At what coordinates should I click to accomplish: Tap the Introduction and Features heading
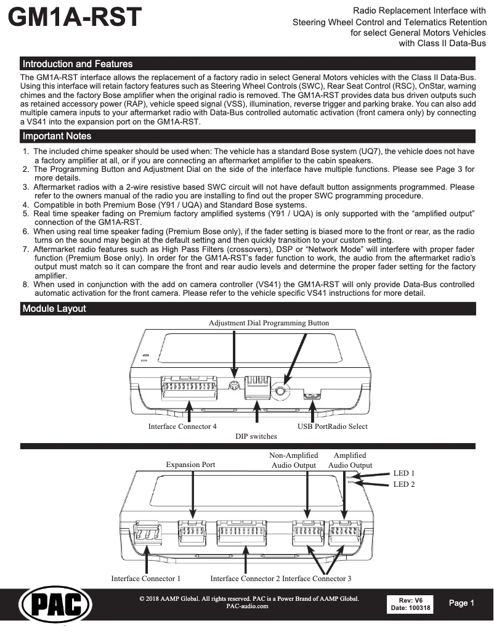point(77,64)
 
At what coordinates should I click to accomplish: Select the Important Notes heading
point(57,136)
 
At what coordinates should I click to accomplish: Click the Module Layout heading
point(54,308)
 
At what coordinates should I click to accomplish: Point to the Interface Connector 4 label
point(182,426)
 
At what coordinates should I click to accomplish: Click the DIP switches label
point(256,436)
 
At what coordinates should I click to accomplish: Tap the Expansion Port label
point(190,465)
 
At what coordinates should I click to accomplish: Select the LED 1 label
point(403,473)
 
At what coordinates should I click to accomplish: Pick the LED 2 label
point(403,484)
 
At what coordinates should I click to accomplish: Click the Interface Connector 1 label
point(146,579)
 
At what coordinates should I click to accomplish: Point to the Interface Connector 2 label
point(245,579)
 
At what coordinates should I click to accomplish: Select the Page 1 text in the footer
point(461,603)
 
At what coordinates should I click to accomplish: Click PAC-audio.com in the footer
point(248,606)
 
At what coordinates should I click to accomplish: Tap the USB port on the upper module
point(313,394)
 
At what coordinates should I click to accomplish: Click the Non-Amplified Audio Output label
point(293,460)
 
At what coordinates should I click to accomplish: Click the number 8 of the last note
point(25,284)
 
